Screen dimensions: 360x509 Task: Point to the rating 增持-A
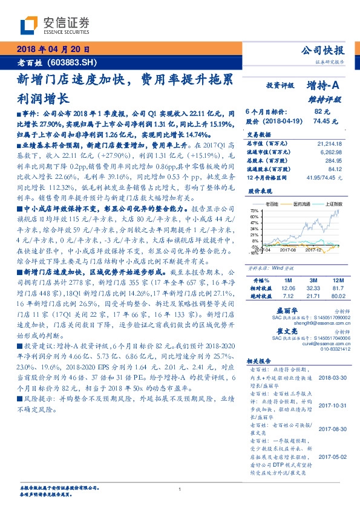324,86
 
